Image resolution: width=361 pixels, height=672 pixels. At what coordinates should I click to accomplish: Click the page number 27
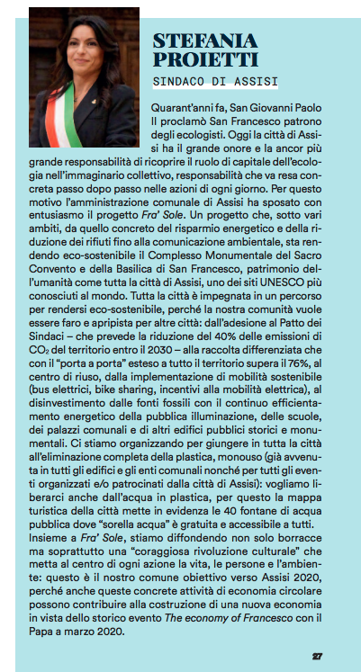pyautogui.click(x=318, y=654)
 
